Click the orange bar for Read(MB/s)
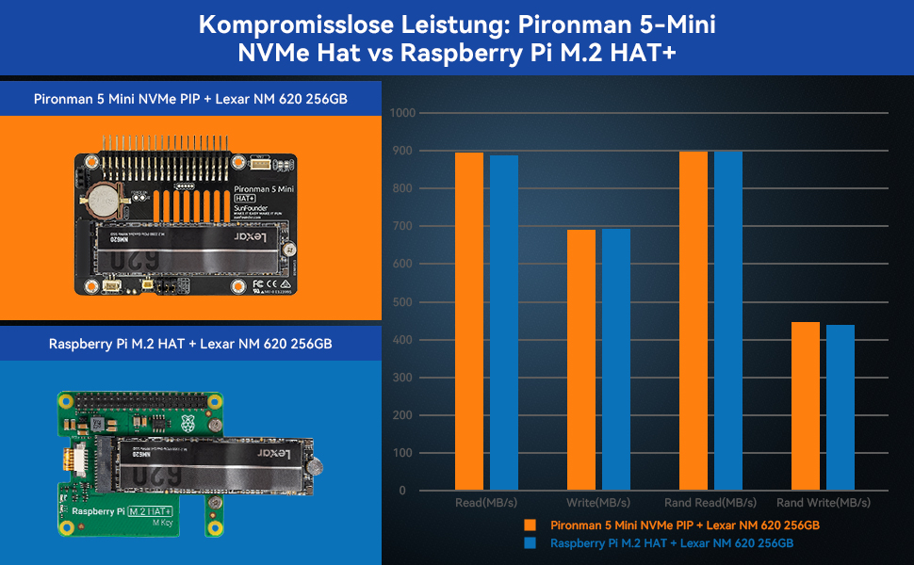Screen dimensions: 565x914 click(469, 320)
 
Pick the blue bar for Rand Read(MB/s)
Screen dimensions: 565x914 click(727, 320)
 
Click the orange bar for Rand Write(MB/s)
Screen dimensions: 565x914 click(805, 406)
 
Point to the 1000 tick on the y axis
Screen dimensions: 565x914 click(402, 113)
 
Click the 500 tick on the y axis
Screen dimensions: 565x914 click(405, 302)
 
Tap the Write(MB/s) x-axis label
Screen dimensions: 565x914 click(597, 503)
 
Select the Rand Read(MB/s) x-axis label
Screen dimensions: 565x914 click(710, 503)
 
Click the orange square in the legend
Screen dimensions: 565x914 click(532, 525)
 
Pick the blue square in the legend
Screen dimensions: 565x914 click(532, 543)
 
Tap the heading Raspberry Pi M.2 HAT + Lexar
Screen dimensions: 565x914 click(190, 344)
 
